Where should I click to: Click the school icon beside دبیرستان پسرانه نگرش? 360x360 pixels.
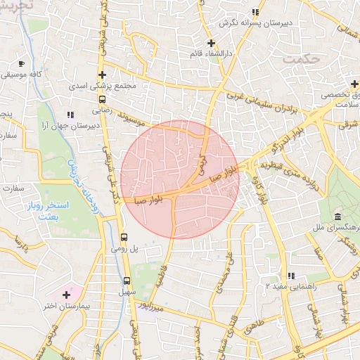click(x=256, y=12)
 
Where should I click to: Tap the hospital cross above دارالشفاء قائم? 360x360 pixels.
click(x=211, y=43)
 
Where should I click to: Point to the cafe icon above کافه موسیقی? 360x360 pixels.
click(x=22, y=63)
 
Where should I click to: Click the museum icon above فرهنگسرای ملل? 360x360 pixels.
click(x=338, y=215)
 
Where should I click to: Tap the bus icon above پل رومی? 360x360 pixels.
click(x=124, y=238)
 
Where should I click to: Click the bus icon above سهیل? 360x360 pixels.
click(x=125, y=279)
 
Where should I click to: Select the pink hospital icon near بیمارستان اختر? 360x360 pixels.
click(x=67, y=293)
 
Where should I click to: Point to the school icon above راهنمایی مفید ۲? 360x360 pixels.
click(x=290, y=276)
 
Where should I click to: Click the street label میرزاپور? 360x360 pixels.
click(x=150, y=307)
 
